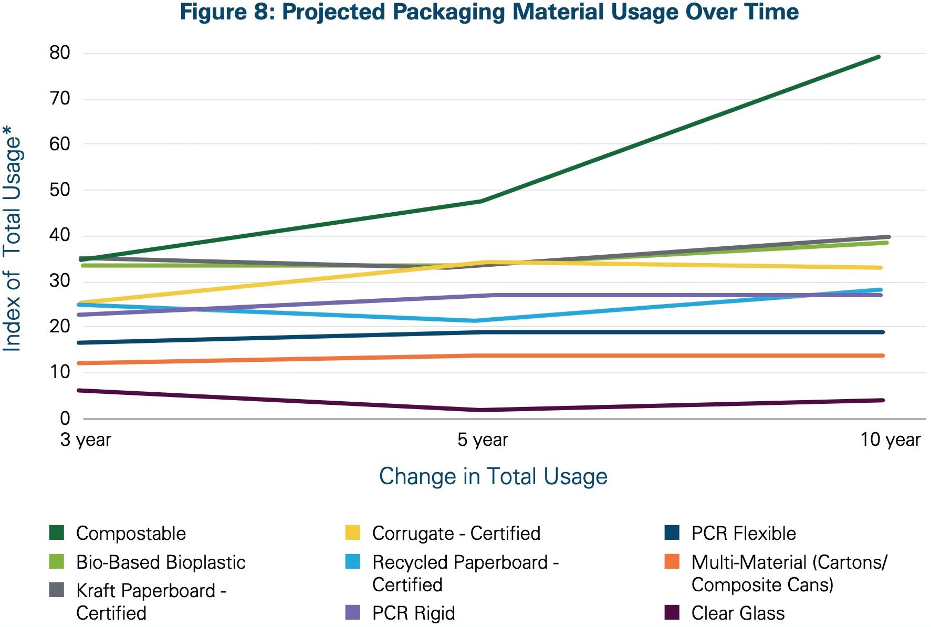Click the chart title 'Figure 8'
click(x=489, y=12)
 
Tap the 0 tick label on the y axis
click(x=65, y=419)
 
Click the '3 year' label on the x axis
click(x=86, y=440)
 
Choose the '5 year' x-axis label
click(x=483, y=440)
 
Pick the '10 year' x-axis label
click(x=890, y=440)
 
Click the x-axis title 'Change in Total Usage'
click(x=493, y=476)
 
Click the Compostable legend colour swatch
click(x=56, y=532)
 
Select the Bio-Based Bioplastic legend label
click(x=161, y=562)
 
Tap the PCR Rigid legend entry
click(x=413, y=613)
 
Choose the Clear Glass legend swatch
click(x=672, y=612)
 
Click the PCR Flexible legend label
click(x=744, y=533)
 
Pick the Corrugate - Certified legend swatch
click(x=353, y=532)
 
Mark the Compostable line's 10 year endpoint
click(x=879, y=57)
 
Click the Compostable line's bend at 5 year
click(x=481, y=201)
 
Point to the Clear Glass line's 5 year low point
click(x=480, y=410)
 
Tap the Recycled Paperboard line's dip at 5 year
click(x=475, y=320)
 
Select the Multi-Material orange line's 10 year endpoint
click(x=882, y=356)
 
